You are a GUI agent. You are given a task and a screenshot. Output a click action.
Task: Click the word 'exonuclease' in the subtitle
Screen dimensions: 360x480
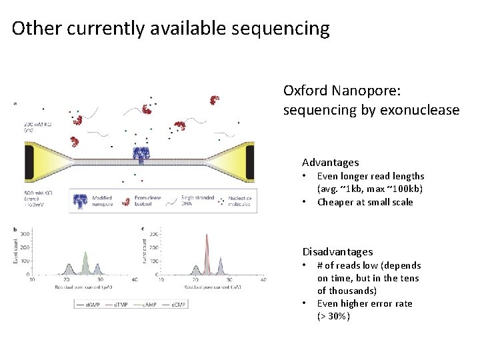pos(419,110)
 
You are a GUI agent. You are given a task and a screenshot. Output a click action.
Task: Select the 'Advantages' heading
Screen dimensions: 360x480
pos(330,162)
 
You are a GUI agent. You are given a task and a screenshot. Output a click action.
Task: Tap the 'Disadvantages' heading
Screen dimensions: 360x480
pos(337,251)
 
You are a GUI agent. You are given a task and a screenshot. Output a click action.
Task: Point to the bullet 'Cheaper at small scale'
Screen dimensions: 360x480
pos(365,202)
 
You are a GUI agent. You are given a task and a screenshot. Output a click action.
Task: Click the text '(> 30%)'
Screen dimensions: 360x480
pos(333,316)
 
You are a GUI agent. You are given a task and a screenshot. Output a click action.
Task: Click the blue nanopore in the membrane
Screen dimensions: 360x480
pos(140,155)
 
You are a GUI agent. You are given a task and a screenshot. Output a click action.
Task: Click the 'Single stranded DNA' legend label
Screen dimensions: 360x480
pos(193,201)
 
